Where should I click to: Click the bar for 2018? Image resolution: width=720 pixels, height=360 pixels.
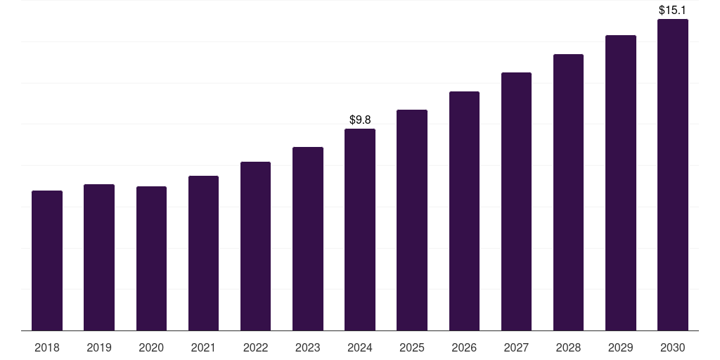(47, 260)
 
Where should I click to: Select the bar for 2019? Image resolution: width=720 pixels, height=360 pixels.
(99, 257)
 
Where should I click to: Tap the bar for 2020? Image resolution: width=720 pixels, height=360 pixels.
(151, 258)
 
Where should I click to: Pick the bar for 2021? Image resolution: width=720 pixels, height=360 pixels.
(203, 253)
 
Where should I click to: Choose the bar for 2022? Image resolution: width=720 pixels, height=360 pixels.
(255, 246)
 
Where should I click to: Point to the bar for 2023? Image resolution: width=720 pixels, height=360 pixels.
(308, 238)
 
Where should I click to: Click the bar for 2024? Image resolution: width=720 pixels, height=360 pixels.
(360, 229)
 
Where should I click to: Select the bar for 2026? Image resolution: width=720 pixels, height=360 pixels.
(464, 211)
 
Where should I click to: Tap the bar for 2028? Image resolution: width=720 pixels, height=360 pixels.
(568, 192)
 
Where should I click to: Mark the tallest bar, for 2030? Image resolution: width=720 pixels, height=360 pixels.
(673, 174)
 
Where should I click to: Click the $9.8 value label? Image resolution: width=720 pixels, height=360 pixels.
(360, 120)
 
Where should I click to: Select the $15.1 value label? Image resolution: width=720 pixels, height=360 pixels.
(673, 11)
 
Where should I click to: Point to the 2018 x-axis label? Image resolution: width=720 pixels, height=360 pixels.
(47, 347)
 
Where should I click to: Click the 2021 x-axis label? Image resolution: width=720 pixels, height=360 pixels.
(203, 347)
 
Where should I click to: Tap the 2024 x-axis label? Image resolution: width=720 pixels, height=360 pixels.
(360, 347)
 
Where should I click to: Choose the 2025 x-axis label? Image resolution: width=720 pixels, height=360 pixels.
(412, 347)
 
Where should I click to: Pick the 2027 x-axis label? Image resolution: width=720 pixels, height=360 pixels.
(516, 347)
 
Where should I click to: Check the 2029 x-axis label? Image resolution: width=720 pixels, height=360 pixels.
(621, 347)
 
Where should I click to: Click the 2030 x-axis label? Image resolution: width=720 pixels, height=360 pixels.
(673, 347)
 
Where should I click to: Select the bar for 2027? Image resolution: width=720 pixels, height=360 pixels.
(516, 201)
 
